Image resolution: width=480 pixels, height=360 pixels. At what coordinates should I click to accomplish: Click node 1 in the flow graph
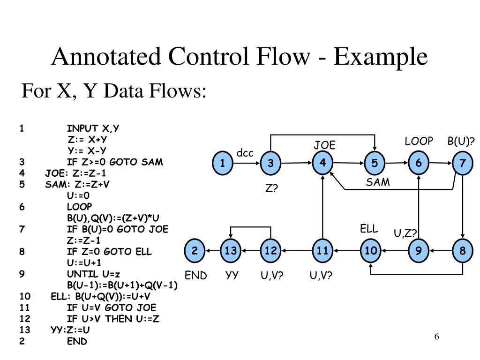[223, 163]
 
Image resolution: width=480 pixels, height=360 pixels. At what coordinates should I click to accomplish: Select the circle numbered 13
[231, 251]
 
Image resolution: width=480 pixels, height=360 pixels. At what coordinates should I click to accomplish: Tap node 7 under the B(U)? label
[462, 163]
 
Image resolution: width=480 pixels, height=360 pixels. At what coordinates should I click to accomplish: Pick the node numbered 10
[370, 251]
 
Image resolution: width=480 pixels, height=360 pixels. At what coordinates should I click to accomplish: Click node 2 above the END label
[195, 251]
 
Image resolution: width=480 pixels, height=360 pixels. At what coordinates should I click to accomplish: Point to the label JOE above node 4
[324, 145]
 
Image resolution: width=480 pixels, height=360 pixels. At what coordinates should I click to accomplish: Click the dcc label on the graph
[245, 153]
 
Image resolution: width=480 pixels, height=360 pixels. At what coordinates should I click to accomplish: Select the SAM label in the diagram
[378, 182]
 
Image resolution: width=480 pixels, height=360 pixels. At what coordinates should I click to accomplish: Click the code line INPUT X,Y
[93, 128]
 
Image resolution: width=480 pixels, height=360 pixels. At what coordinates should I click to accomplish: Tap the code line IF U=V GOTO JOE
[112, 308]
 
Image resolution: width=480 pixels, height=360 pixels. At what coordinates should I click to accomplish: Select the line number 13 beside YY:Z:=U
[25, 330]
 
